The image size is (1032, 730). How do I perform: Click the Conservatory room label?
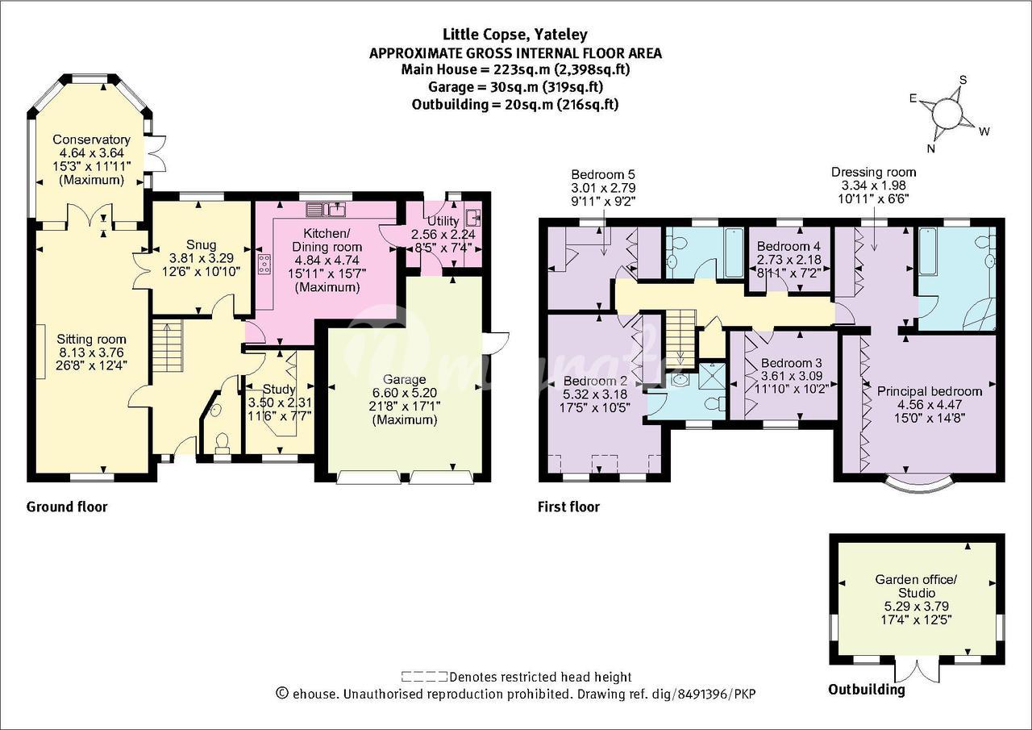point(91,140)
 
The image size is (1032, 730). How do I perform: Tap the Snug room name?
point(202,244)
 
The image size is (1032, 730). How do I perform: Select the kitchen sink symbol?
point(327,210)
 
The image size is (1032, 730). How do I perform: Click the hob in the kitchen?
point(265,264)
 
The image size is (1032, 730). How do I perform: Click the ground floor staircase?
point(167,346)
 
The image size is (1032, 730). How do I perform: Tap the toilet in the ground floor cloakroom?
point(223,440)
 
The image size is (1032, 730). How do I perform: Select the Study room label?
point(279,389)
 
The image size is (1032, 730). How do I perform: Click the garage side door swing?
point(496,344)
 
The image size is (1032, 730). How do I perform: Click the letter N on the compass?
point(931,148)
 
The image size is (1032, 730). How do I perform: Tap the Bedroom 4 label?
point(789,246)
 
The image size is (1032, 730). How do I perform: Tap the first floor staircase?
point(680,339)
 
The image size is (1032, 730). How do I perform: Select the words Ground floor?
point(67,507)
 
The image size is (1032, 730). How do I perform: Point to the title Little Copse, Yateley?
point(515,35)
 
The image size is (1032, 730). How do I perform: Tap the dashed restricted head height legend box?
point(424,677)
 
